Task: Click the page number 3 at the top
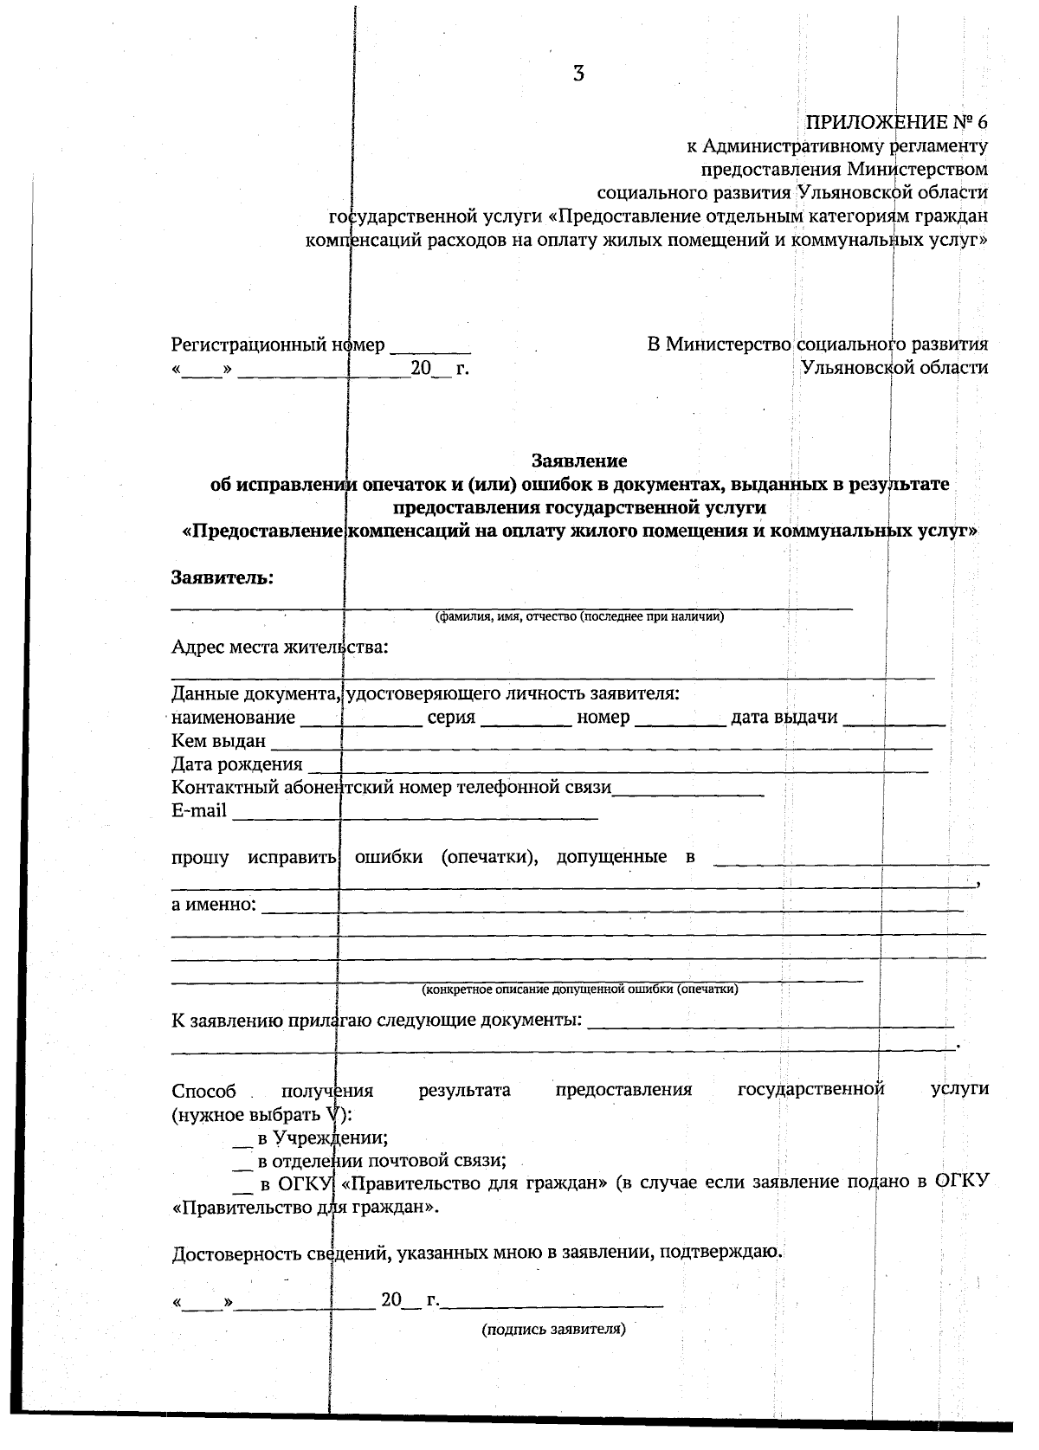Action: point(578,74)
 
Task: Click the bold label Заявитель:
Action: point(223,577)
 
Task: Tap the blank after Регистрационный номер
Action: point(430,349)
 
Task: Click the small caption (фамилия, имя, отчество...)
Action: point(578,617)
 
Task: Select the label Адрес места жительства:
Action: point(280,648)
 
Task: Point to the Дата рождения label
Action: point(236,764)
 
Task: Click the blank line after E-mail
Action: point(415,814)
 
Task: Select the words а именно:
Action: point(213,905)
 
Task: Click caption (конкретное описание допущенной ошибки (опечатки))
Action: point(579,989)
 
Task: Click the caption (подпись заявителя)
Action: point(553,1329)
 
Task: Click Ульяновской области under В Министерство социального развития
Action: point(894,367)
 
